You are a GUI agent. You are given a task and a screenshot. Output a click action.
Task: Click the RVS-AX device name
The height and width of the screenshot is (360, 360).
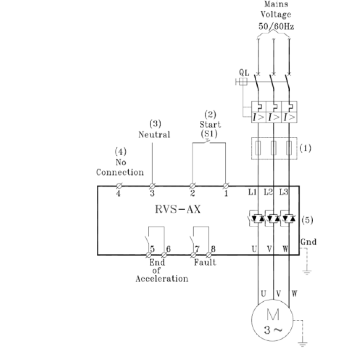point(178,209)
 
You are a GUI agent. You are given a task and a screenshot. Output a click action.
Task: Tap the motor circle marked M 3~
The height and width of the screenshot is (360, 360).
point(272,300)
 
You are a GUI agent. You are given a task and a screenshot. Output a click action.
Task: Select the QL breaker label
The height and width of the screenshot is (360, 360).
point(244,72)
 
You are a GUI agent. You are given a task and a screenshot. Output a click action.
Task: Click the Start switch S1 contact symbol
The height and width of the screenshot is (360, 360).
point(207,142)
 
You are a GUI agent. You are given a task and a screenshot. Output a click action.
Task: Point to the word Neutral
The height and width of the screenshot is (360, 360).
point(154,135)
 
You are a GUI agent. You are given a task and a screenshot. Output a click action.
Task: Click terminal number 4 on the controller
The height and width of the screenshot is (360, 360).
point(118,193)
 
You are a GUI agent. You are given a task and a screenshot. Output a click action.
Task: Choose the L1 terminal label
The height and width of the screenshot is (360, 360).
point(252,192)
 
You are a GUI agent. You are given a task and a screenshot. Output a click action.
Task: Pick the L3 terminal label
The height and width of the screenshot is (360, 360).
point(284,192)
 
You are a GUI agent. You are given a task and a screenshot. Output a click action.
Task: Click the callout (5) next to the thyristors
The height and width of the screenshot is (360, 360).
point(307,220)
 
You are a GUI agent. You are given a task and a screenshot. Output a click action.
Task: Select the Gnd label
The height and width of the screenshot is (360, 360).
point(308,242)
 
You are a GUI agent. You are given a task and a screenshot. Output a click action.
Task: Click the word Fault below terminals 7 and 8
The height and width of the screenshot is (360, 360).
point(205,262)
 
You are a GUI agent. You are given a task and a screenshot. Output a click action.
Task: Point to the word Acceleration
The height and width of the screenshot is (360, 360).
point(162,279)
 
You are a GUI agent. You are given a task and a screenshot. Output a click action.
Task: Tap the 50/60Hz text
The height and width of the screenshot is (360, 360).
point(276,26)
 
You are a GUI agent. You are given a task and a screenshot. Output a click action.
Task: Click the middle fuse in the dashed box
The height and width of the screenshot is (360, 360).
point(274,148)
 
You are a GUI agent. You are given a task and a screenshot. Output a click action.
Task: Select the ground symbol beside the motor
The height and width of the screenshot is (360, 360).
point(303,344)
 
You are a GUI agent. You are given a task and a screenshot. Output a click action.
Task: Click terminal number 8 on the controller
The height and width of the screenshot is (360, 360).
point(213,249)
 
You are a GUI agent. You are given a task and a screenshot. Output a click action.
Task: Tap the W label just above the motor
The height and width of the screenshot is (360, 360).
point(294,294)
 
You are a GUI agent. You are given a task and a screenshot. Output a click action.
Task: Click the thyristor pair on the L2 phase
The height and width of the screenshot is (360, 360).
point(274,218)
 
